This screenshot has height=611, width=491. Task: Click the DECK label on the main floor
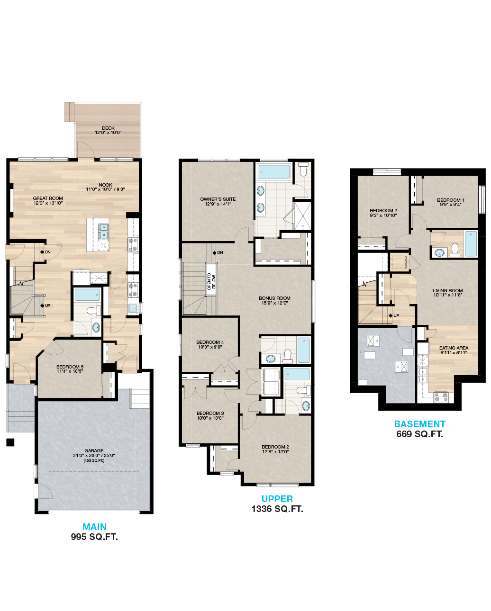click(x=108, y=128)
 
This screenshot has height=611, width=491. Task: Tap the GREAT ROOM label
click(x=48, y=198)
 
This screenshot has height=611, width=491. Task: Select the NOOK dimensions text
click(x=105, y=189)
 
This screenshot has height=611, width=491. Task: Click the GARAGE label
click(x=94, y=450)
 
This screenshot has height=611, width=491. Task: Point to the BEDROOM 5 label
click(x=70, y=367)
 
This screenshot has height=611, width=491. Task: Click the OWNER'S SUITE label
click(x=218, y=199)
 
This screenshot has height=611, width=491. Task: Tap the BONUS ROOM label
click(x=274, y=298)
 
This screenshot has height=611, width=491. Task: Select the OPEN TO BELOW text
click(x=211, y=281)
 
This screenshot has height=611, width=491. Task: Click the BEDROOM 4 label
click(x=210, y=342)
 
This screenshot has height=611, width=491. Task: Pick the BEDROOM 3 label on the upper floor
click(x=210, y=413)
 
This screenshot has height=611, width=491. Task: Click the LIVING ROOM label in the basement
click(x=447, y=290)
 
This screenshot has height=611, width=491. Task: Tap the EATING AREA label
click(x=454, y=348)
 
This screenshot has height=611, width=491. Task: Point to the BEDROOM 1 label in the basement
click(x=450, y=200)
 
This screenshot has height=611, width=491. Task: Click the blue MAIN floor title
click(x=94, y=527)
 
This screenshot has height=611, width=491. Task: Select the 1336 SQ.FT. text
click(x=277, y=509)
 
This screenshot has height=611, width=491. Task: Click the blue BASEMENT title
click(x=420, y=424)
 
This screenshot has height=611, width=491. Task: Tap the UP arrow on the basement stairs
click(x=391, y=315)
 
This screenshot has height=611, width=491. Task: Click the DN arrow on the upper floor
click(x=215, y=252)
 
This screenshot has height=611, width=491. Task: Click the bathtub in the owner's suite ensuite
click(x=274, y=172)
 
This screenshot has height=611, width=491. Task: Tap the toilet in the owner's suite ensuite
click(x=303, y=169)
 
